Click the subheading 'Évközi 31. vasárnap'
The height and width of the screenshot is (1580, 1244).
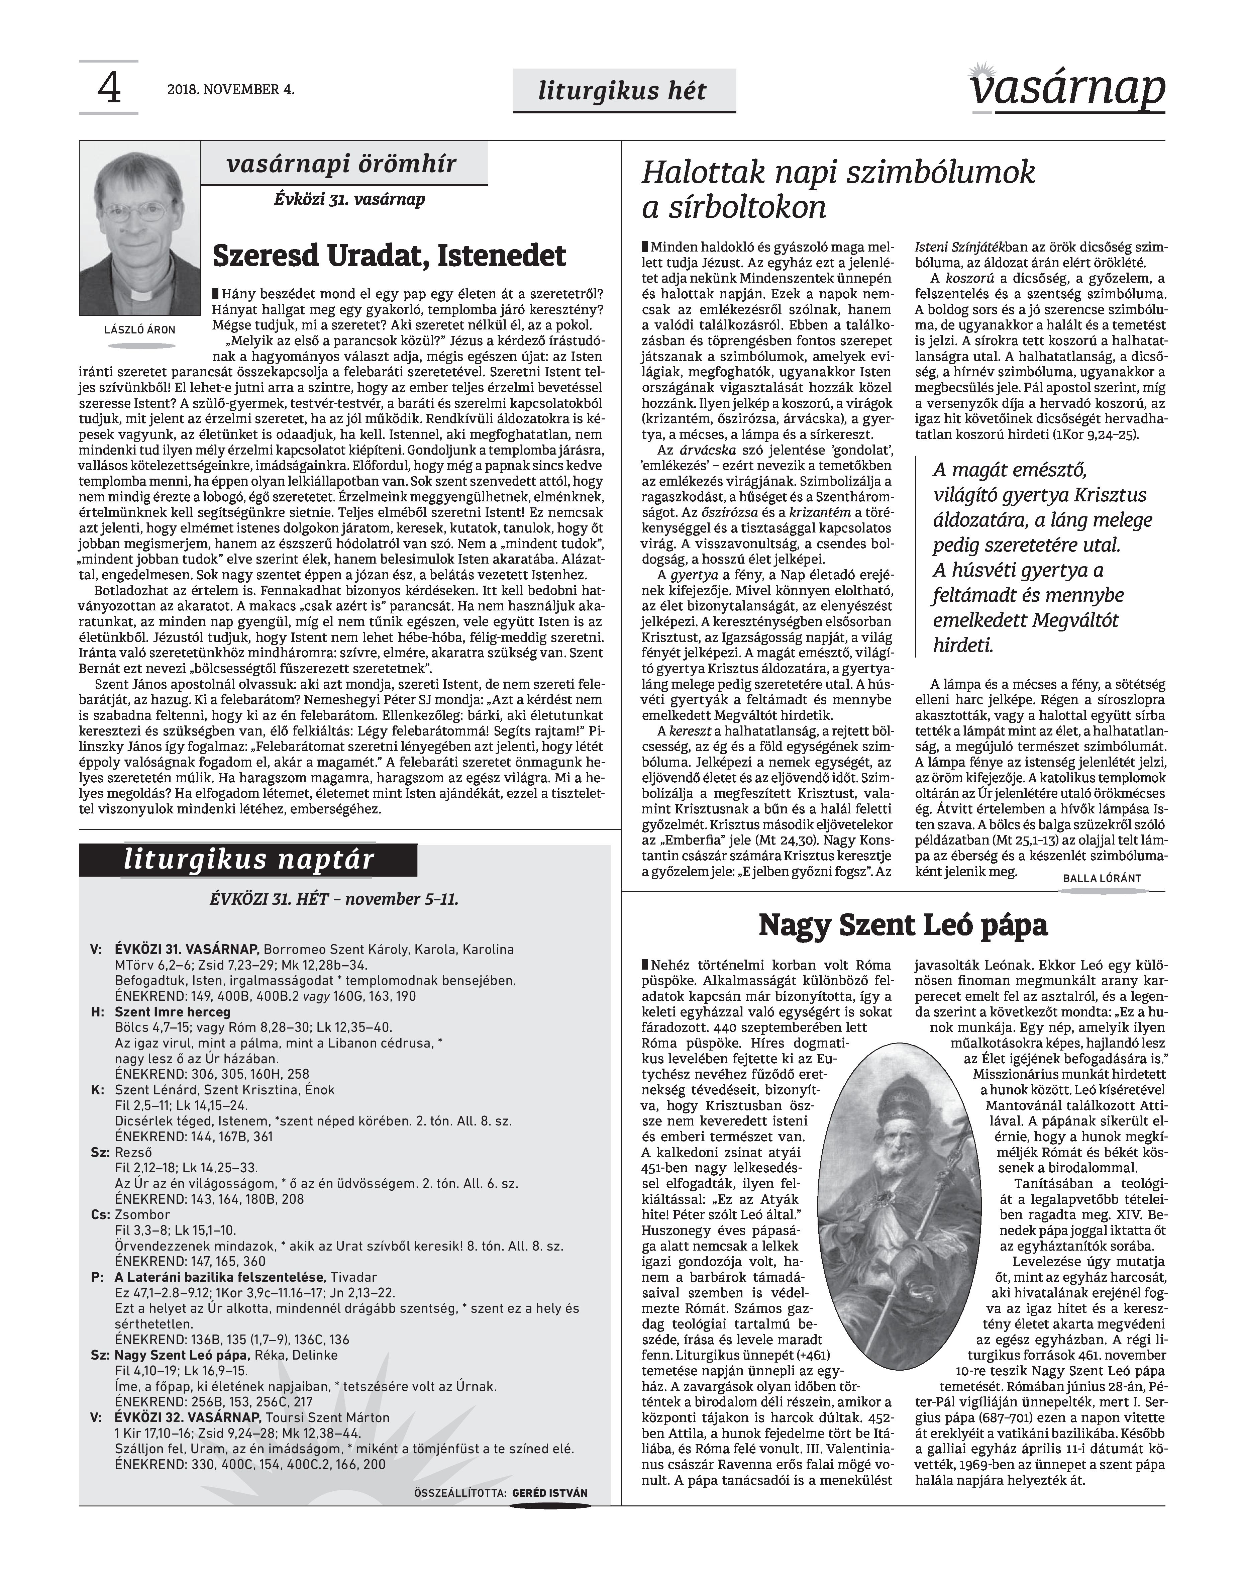click(349, 199)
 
